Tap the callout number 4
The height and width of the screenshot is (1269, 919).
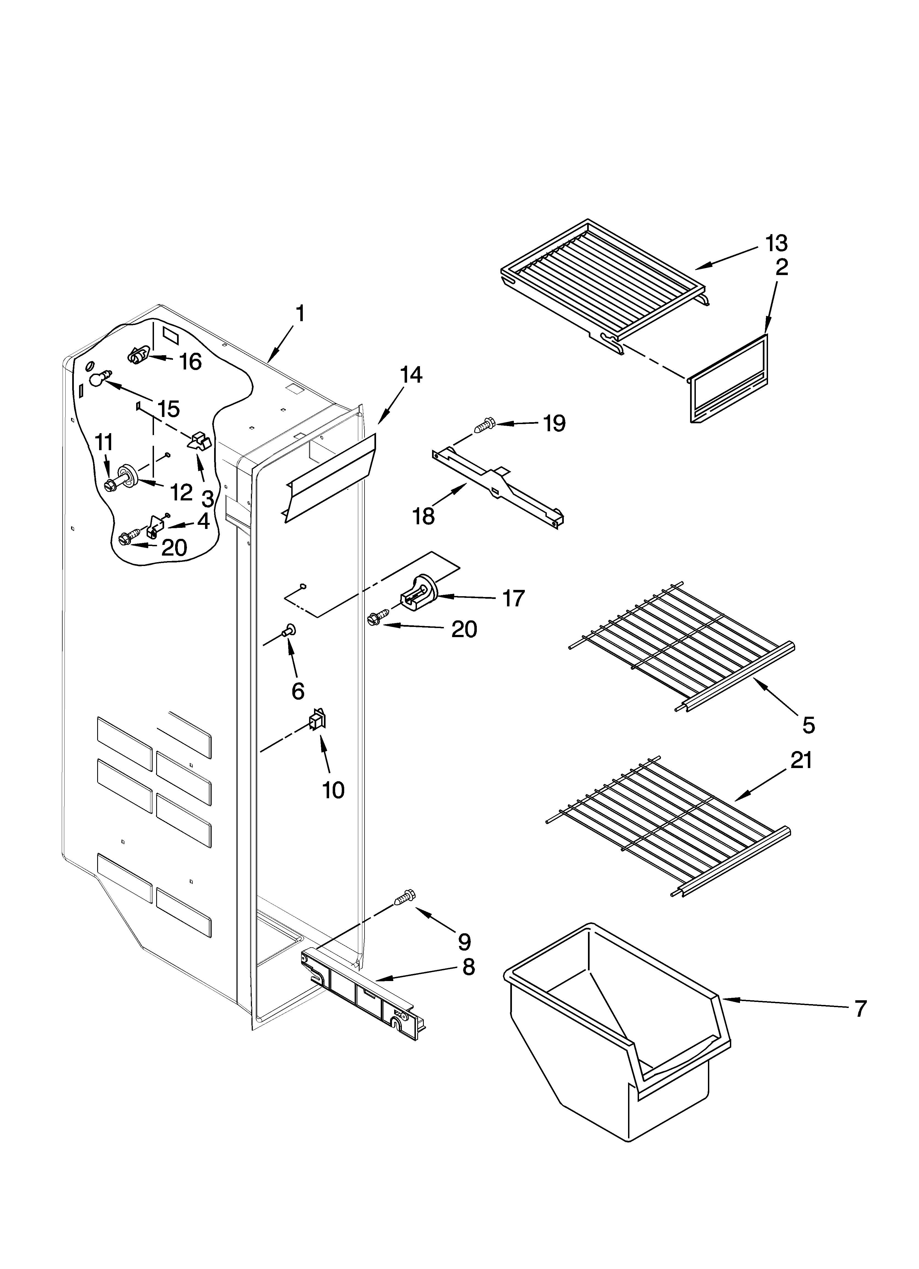tap(203, 521)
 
